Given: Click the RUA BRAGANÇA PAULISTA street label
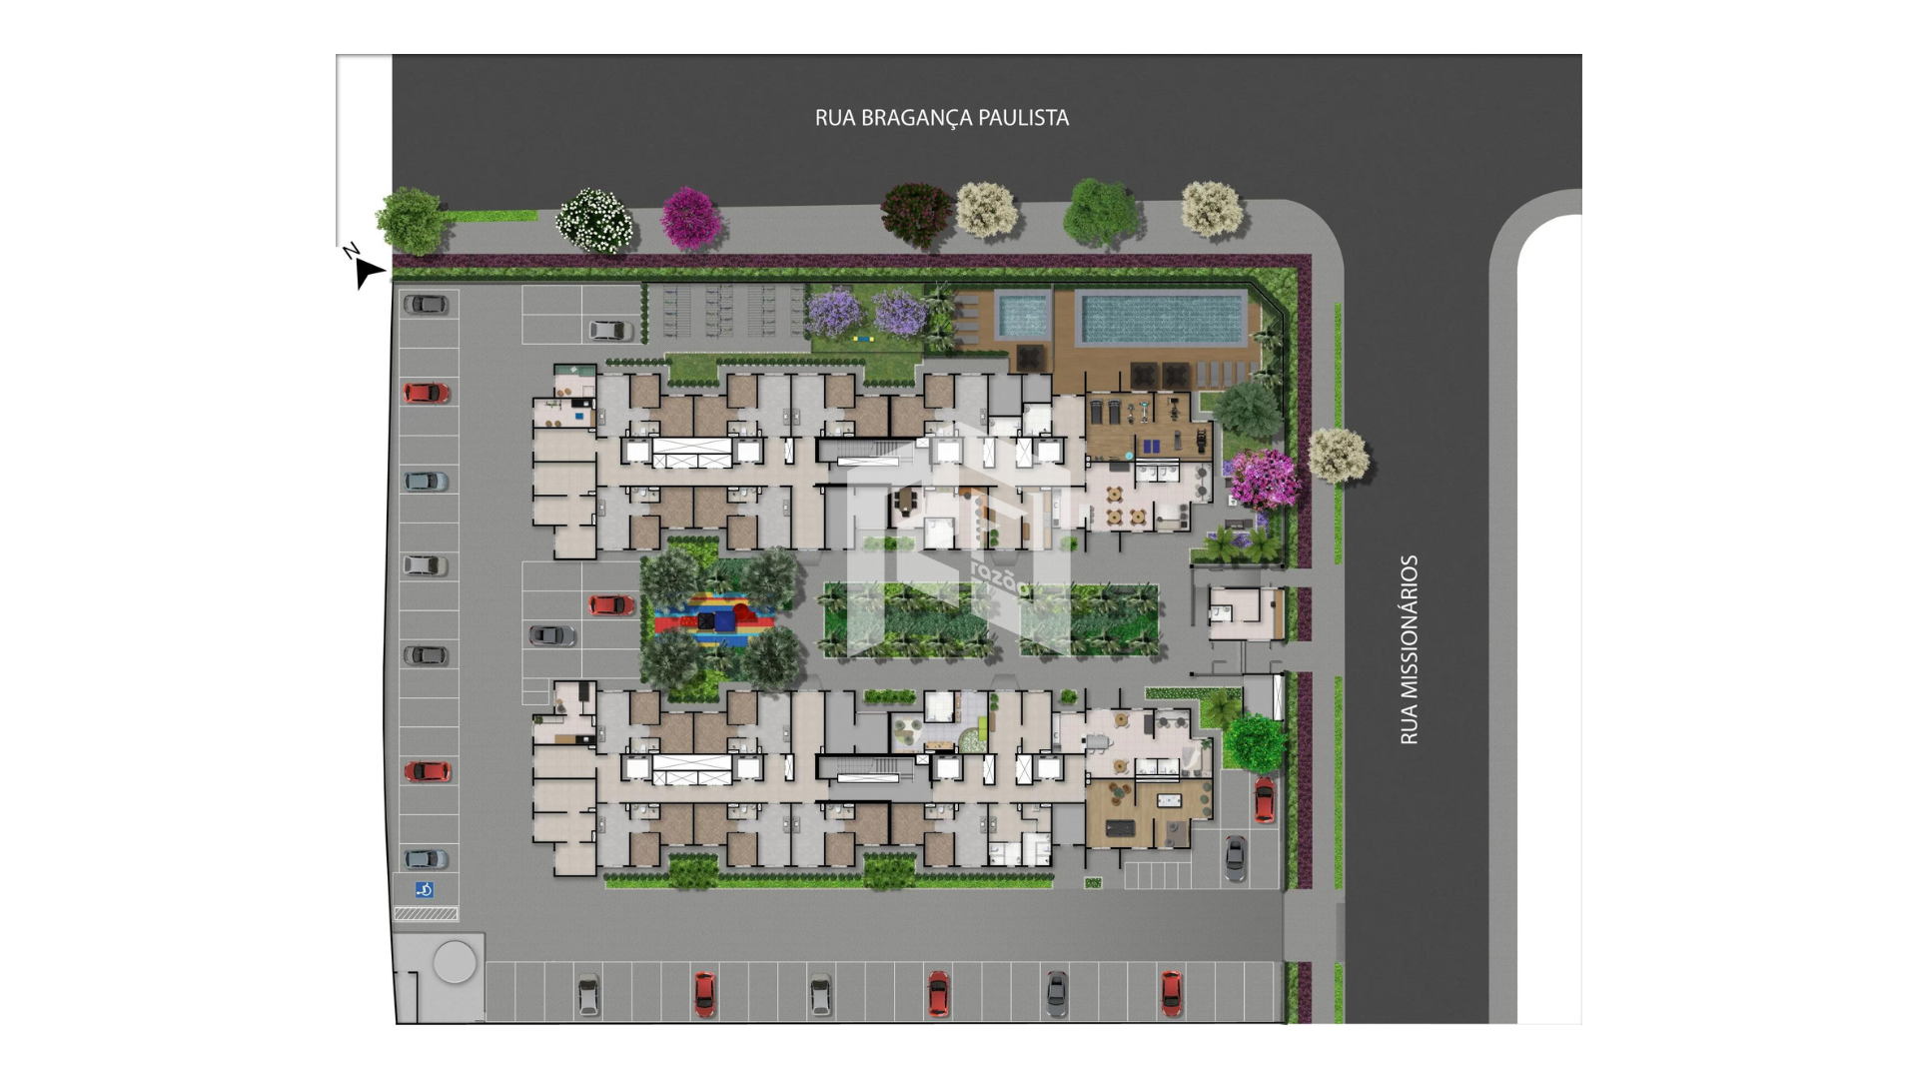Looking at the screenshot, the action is pyautogui.click(x=941, y=118).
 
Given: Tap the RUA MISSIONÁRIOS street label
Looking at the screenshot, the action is pyautogui.click(x=1409, y=649).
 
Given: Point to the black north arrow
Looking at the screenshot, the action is pyautogui.click(x=368, y=271).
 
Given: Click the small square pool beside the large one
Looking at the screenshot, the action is pyautogui.click(x=1024, y=315).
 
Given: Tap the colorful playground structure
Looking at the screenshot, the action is pyautogui.click(x=714, y=619).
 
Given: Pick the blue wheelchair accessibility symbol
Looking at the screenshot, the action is pyautogui.click(x=425, y=889).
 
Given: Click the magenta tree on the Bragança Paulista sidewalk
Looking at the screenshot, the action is pyautogui.click(x=690, y=218).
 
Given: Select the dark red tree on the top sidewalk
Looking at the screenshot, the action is pyautogui.click(x=916, y=214).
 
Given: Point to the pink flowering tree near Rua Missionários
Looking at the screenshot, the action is pyautogui.click(x=1266, y=480).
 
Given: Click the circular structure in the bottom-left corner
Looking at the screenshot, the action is pyautogui.click(x=455, y=963).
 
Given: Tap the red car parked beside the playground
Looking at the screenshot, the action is pyautogui.click(x=610, y=604).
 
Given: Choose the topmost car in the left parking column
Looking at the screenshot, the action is pyautogui.click(x=426, y=304).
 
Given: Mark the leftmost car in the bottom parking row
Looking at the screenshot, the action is pyautogui.click(x=588, y=995).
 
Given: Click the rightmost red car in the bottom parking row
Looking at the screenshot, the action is pyautogui.click(x=1171, y=993).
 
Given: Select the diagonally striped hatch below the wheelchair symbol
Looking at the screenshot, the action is pyautogui.click(x=426, y=913).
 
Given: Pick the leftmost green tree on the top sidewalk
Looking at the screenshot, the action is pyautogui.click(x=411, y=221).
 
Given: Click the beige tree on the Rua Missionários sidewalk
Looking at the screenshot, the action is pyautogui.click(x=1338, y=456).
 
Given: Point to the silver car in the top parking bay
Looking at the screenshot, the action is pyautogui.click(x=610, y=330).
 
